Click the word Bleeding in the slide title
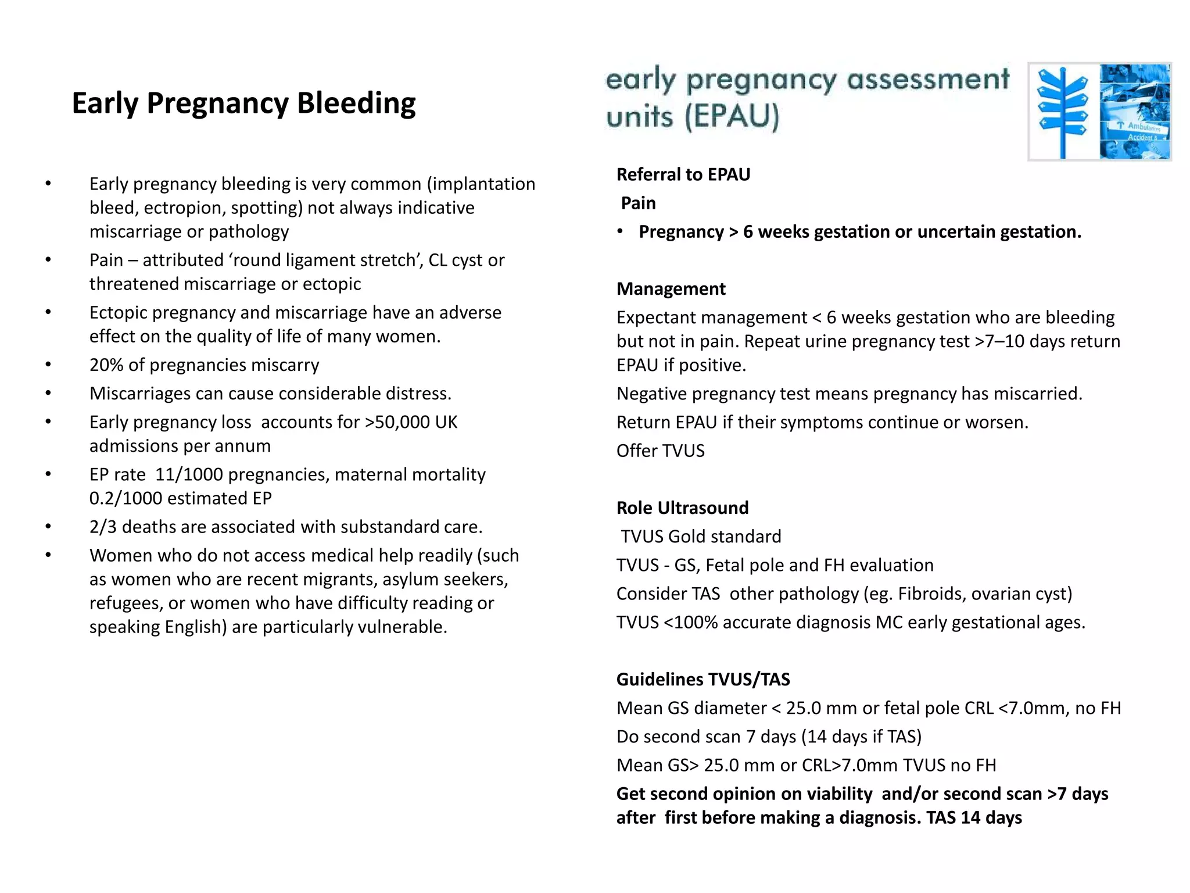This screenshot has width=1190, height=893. tap(356, 103)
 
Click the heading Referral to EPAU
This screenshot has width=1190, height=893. tap(683, 174)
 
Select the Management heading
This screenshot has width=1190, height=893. tap(671, 289)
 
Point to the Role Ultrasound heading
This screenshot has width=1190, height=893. tap(682, 508)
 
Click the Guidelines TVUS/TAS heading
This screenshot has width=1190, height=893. tap(703, 680)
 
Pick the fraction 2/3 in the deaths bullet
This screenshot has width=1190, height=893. tap(103, 527)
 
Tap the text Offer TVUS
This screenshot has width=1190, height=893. tap(660, 451)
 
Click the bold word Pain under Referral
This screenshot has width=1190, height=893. tap(638, 203)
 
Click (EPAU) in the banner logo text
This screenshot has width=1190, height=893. tap(731, 116)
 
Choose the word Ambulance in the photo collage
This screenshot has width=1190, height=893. tap(1143, 127)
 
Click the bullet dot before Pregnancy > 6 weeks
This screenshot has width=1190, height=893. tap(620, 231)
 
